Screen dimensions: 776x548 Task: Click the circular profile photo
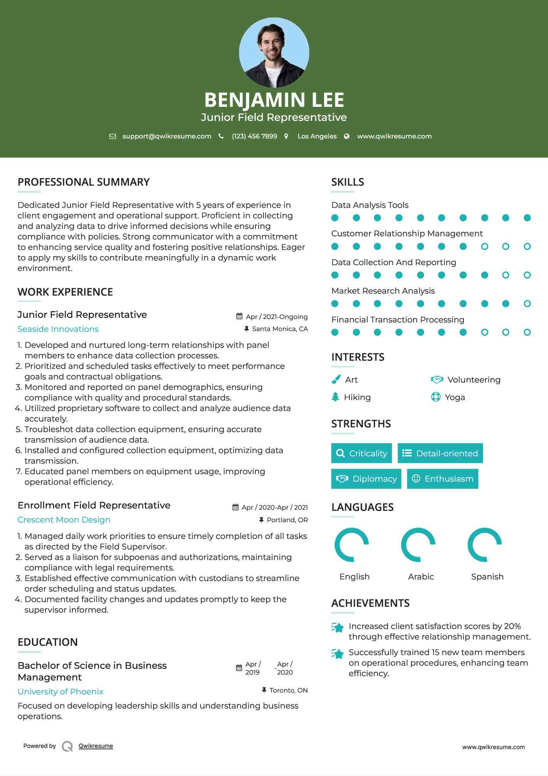tap(274, 52)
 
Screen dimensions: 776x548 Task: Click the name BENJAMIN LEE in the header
tap(274, 100)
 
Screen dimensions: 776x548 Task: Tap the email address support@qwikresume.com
tap(167, 136)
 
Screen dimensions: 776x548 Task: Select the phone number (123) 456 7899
tap(254, 136)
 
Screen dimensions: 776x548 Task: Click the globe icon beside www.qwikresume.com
tap(347, 136)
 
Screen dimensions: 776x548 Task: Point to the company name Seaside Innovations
tap(58, 329)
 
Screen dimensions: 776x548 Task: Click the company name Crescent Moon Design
tap(64, 520)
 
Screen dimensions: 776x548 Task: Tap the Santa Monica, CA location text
tap(280, 329)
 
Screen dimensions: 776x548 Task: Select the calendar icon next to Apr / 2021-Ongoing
tap(240, 316)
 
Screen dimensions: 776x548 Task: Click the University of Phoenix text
tap(60, 691)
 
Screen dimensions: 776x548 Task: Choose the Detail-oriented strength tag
tap(440, 453)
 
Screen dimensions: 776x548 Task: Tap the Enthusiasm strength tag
tap(442, 478)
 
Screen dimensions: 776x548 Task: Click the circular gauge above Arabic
tap(418, 544)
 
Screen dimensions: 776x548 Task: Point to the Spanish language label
tap(487, 576)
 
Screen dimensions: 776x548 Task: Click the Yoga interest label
tap(455, 397)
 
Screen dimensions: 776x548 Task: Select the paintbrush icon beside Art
tap(336, 379)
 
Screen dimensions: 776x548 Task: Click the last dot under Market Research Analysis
tap(527, 304)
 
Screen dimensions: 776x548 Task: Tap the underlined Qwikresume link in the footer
tap(96, 746)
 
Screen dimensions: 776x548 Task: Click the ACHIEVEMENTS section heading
tap(370, 603)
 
